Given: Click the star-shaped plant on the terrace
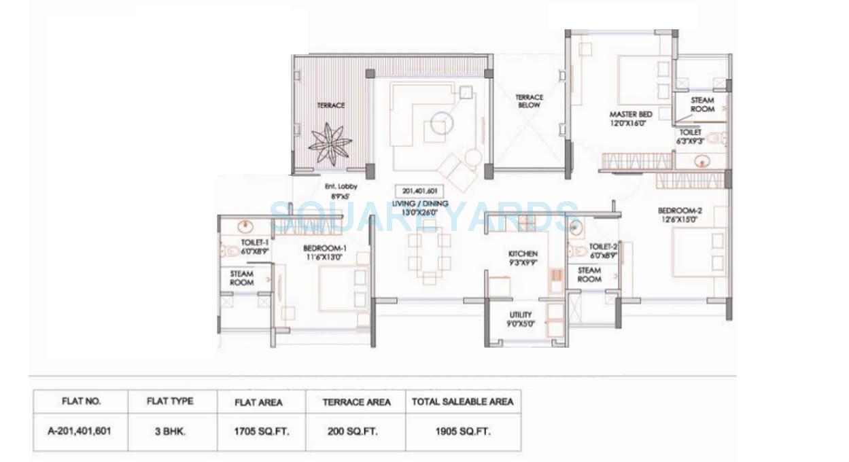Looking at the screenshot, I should pyautogui.click(x=330, y=143).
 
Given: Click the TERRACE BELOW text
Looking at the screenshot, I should pyautogui.click(x=529, y=101).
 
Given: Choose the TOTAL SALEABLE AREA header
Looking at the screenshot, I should pyautogui.click(x=463, y=402).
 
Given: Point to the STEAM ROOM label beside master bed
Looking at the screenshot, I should pyautogui.click(x=702, y=105).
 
